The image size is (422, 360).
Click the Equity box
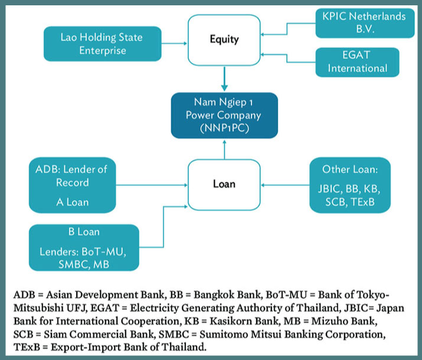coord(224,40)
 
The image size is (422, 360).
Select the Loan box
coord(224,185)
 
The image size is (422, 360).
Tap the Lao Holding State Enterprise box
coord(103,44)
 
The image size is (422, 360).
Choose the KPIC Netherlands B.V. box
coord(365,23)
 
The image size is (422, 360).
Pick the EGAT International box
coord(358,62)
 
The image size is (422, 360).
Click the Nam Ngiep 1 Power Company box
coord(224,116)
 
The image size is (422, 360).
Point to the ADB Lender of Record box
coord(73,185)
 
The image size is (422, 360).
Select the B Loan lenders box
coord(84,247)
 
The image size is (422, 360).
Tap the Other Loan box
coord(350,185)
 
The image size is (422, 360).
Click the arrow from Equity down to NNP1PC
coord(224,78)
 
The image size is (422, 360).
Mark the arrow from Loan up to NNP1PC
coord(224,149)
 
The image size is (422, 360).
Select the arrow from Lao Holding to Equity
coord(174,43)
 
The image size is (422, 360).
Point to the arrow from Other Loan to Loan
coord(285,185)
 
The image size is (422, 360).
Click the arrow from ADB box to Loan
coord(152,185)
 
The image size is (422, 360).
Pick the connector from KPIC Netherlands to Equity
coord(287,29)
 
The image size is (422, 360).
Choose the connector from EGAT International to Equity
coord(287,58)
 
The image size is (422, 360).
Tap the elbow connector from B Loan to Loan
coord(163,227)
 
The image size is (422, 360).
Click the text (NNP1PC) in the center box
coord(224,128)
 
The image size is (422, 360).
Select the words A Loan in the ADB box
coord(73,202)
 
